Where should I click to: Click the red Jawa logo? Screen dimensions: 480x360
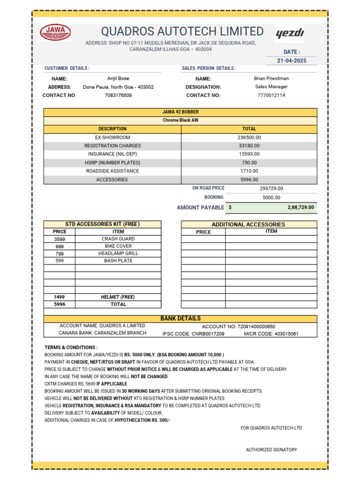coord(56,32)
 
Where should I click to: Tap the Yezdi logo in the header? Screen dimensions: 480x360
coord(290,33)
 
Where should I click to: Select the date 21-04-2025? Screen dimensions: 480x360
coord(291,61)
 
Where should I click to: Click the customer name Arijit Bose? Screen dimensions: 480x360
coord(118,79)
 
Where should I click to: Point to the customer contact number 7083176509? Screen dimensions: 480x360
coord(118,95)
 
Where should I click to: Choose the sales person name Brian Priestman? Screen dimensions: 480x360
coord(271,79)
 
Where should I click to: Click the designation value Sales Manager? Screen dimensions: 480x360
coord(271,87)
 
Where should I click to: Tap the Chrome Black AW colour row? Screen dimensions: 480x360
coord(180,120)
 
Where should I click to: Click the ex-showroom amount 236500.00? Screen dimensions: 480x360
coord(249,137)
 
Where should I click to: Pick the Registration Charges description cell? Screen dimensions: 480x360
coord(112,146)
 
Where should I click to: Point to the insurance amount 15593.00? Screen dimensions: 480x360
coord(249,154)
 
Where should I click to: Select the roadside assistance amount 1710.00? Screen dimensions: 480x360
coord(249,171)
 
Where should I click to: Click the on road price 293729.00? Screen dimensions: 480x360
coord(271,188)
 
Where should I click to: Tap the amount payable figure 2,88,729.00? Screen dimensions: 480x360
coord(300,207)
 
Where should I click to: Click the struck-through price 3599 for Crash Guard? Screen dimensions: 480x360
coord(60,239)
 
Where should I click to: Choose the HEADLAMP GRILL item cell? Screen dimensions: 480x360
coord(118,254)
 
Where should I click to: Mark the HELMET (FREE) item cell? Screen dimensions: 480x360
coord(118,297)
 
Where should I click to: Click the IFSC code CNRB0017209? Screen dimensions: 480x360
coord(193,334)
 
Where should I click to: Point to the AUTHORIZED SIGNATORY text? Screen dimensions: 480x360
coord(271,450)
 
